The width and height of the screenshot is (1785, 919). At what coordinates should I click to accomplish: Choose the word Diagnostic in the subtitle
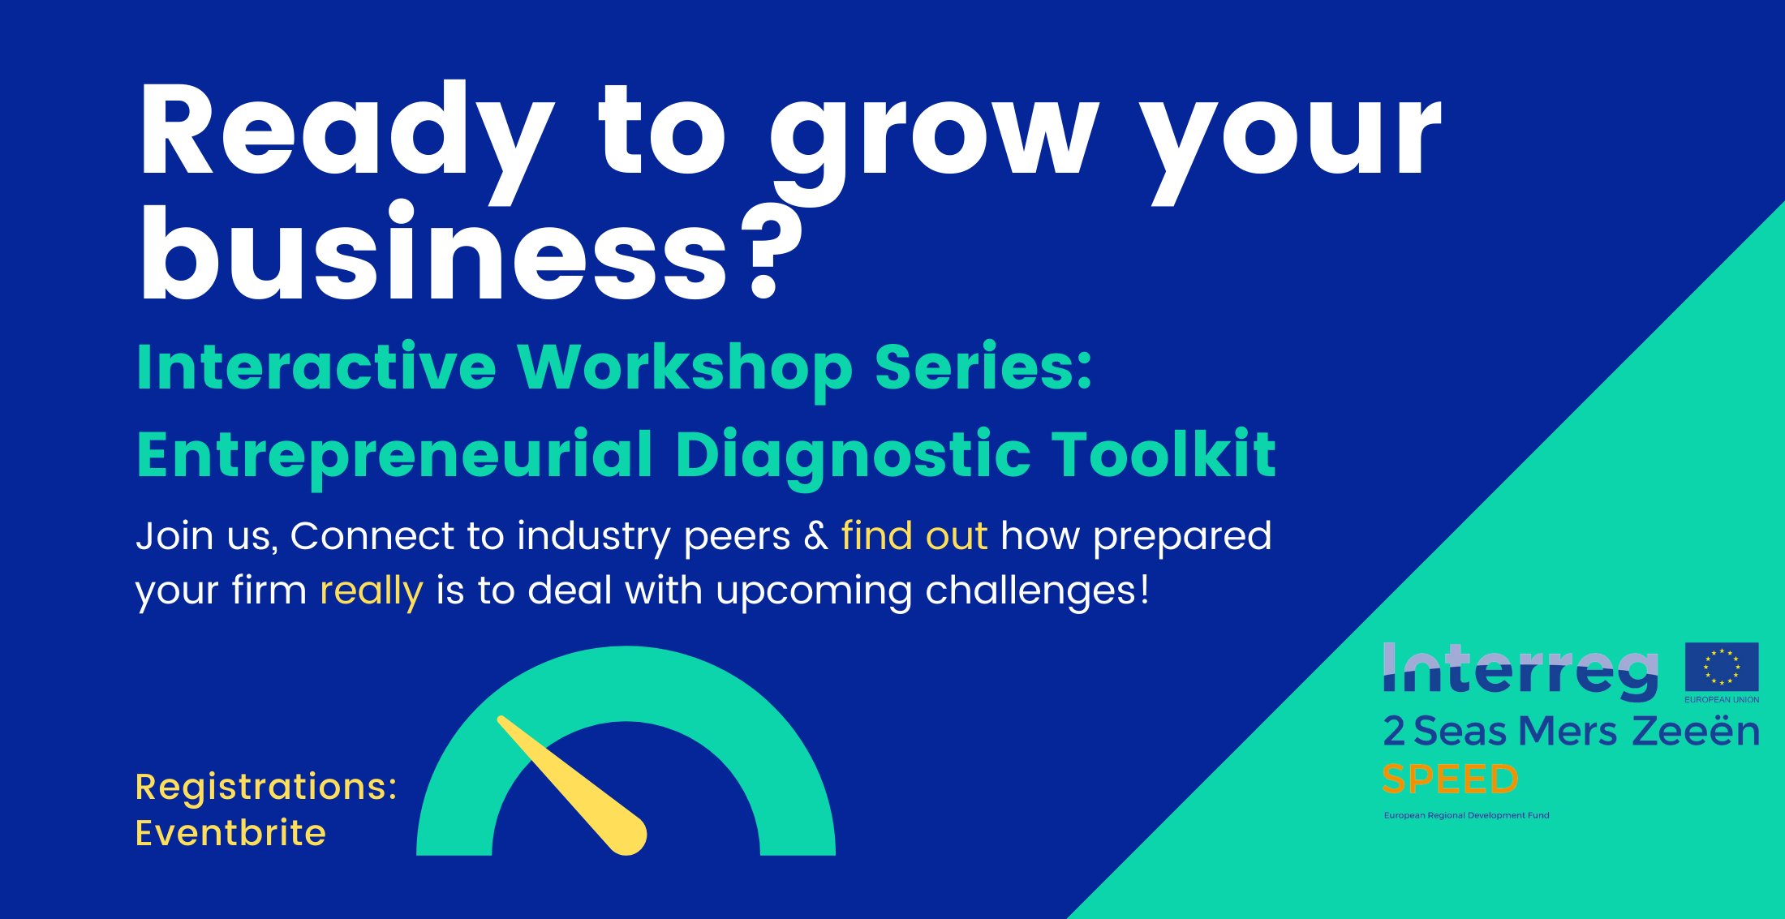pyautogui.click(x=853, y=456)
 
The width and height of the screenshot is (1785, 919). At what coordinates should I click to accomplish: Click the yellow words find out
pyautogui.click(x=914, y=536)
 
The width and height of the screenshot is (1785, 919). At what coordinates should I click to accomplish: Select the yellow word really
pyautogui.click(x=371, y=591)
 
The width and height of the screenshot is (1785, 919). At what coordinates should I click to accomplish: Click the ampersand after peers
pyautogui.click(x=815, y=536)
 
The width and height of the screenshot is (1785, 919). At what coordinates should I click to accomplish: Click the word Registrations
pyautogui.click(x=266, y=787)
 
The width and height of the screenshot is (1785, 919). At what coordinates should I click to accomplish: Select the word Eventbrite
pyautogui.click(x=231, y=833)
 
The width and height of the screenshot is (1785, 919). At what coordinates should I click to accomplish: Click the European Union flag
pyautogui.click(x=1722, y=667)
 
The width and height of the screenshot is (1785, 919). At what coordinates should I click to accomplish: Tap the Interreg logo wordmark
pyautogui.click(x=1520, y=672)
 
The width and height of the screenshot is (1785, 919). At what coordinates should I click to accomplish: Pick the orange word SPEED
pyautogui.click(x=1450, y=779)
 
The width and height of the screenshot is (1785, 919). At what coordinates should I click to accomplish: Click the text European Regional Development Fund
pyautogui.click(x=1466, y=815)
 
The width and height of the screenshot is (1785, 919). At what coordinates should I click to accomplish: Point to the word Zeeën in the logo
pyautogui.click(x=1696, y=731)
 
